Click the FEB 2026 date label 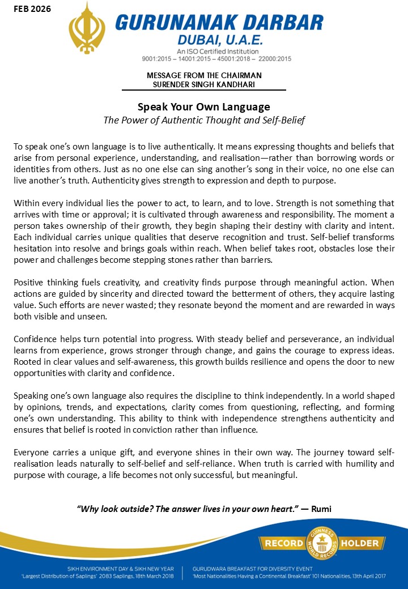tap(28, 9)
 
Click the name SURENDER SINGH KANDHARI tap(204, 84)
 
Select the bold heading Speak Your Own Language tap(204, 106)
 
